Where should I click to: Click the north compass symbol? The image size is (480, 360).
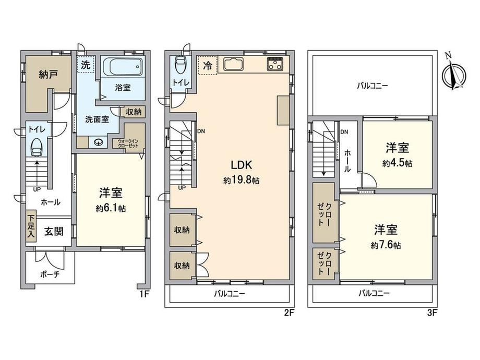(454, 73)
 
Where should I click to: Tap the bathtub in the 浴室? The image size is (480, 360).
(123, 66)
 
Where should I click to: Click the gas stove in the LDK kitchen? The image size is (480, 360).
(274, 64)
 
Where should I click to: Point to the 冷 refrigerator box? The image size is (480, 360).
(208, 65)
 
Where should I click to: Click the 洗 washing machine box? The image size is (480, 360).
(86, 64)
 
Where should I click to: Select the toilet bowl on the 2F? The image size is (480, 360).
(179, 64)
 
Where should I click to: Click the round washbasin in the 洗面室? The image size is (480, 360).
(99, 142)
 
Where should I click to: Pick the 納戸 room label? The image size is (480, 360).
(49, 74)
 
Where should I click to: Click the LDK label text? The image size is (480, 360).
(241, 165)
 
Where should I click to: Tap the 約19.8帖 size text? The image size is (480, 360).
(241, 180)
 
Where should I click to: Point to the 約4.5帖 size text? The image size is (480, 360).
(397, 163)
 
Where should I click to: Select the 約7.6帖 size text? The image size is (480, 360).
(386, 245)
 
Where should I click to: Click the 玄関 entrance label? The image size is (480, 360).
(54, 232)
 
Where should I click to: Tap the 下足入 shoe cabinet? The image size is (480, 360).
(31, 226)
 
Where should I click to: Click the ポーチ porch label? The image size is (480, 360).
(50, 274)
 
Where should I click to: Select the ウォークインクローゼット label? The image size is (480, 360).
(128, 143)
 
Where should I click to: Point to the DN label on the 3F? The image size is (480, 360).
(344, 132)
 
